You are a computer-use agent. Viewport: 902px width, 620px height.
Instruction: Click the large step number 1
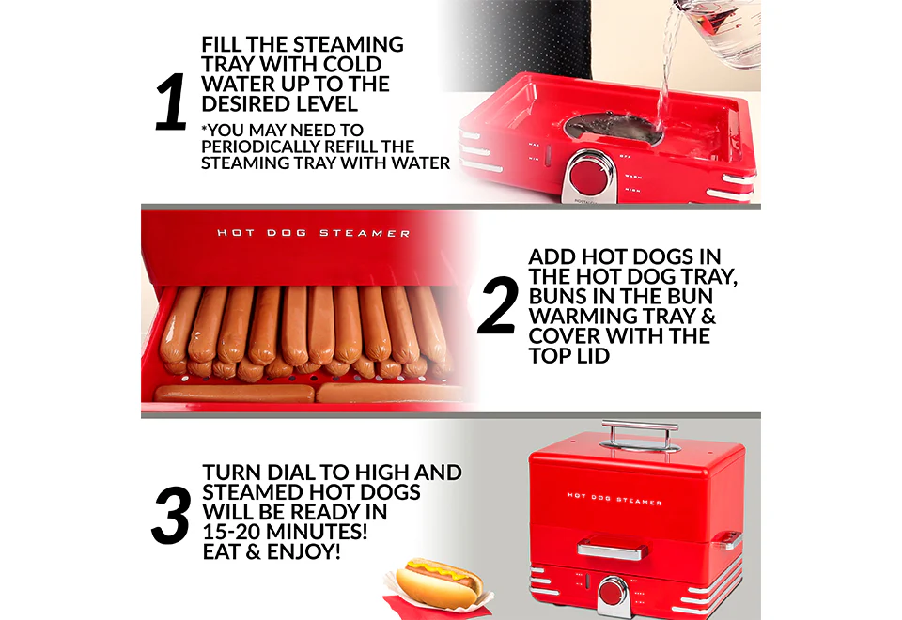pyautogui.click(x=172, y=102)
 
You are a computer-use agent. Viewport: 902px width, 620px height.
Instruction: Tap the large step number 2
pyautogui.click(x=497, y=306)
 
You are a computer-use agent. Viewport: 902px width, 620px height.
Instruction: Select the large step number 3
pyautogui.click(x=171, y=516)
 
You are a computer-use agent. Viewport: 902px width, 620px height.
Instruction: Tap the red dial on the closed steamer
pyautogui.click(x=613, y=592)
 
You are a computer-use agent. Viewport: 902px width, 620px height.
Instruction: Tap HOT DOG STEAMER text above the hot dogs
pyautogui.click(x=313, y=233)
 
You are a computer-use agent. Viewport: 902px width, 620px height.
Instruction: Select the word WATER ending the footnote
pyautogui.click(x=421, y=163)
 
